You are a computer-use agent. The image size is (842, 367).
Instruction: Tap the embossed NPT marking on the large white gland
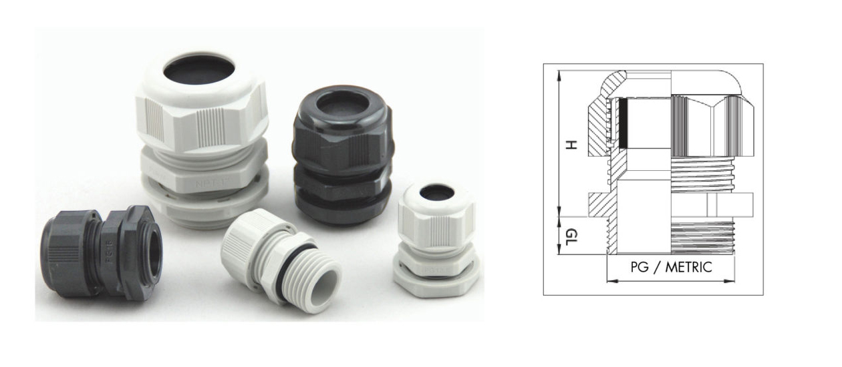pyautogui.click(x=206, y=181)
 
